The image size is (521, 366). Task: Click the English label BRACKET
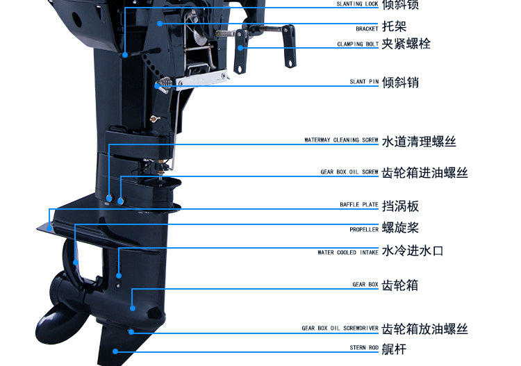click(x=367, y=29)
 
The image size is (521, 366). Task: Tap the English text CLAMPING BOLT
click(x=358, y=44)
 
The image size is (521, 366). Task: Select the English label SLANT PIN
click(x=364, y=82)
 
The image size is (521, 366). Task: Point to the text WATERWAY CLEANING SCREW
click(x=341, y=140)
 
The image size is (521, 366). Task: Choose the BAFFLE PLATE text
click(x=359, y=205)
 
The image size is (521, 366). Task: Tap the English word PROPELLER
click(x=364, y=229)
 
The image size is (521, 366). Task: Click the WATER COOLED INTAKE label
click(x=348, y=253)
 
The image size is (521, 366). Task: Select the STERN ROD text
click(x=364, y=347)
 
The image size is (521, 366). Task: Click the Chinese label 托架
click(x=395, y=27)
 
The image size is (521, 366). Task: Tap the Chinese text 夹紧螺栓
click(x=406, y=44)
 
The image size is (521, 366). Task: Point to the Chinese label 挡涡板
click(x=401, y=206)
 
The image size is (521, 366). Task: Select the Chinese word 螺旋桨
click(x=401, y=228)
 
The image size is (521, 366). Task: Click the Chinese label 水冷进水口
click(x=413, y=251)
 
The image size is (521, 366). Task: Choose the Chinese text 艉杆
click(x=395, y=349)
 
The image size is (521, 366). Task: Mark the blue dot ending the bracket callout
click(x=160, y=23)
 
